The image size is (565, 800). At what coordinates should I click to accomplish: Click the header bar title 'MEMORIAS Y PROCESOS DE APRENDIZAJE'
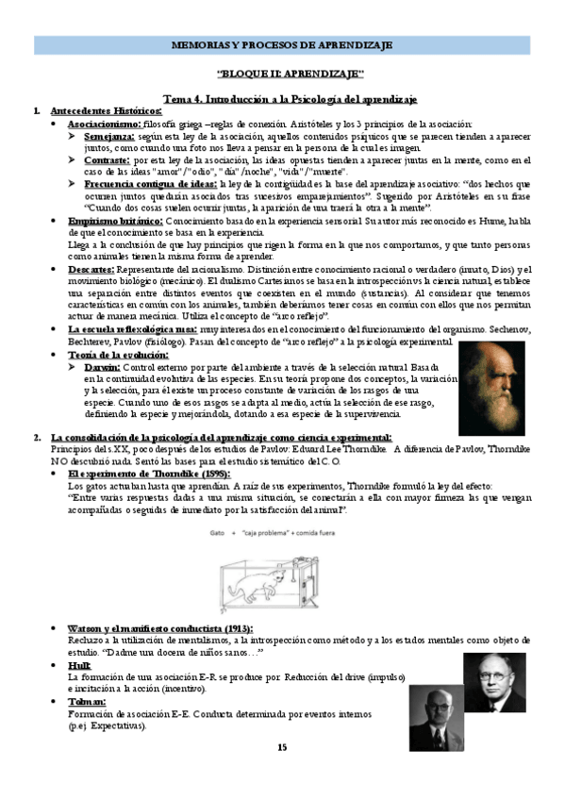click(x=282, y=45)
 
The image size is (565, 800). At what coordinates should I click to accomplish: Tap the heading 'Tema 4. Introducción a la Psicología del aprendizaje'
click(x=291, y=98)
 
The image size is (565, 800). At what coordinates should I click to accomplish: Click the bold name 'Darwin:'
click(x=101, y=366)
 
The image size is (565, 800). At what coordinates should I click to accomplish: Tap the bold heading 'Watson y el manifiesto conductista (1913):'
click(x=158, y=628)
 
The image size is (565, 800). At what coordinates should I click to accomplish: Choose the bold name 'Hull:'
click(x=79, y=665)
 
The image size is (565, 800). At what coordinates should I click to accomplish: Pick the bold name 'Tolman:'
click(x=87, y=702)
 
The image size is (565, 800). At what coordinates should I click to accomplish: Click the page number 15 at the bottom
click(x=281, y=747)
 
